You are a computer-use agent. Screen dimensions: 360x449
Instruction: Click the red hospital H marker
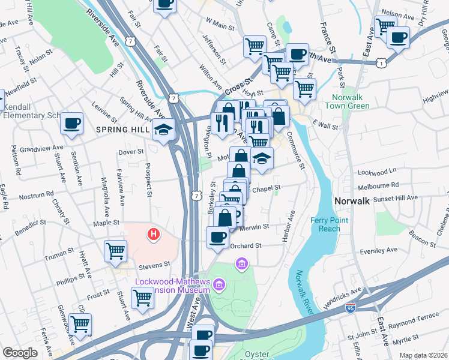(x=154, y=234)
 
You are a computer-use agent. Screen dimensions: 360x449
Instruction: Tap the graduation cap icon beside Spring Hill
(x=162, y=130)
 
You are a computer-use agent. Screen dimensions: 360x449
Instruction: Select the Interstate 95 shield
(x=350, y=308)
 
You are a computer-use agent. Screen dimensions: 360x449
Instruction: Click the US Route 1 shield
(x=381, y=62)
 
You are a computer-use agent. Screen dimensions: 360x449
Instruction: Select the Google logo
(x=20, y=353)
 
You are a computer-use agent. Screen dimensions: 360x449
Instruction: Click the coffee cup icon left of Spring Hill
(x=72, y=124)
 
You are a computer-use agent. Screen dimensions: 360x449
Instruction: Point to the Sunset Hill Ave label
(x=396, y=197)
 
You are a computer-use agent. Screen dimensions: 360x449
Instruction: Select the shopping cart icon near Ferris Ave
(x=79, y=324)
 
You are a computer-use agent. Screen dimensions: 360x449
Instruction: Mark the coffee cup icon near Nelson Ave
(x=397, y=37)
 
